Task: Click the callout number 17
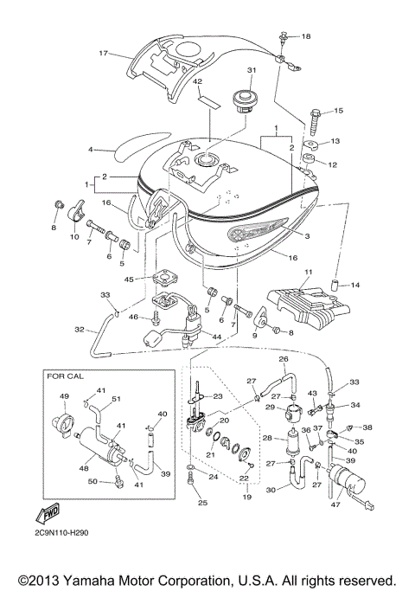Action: [x=103, y=54]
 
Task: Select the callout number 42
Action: [x=197, y=82]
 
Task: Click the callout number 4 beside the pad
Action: [x=90, y=150]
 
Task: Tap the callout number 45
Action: [x=128, y=279]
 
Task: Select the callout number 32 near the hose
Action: [x=80, y=330]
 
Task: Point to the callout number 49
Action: [x=64, y=397]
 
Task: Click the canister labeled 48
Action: [x=97, y=448]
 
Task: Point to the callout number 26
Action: [x=282, y=358]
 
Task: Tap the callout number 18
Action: [x=305, y=36]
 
